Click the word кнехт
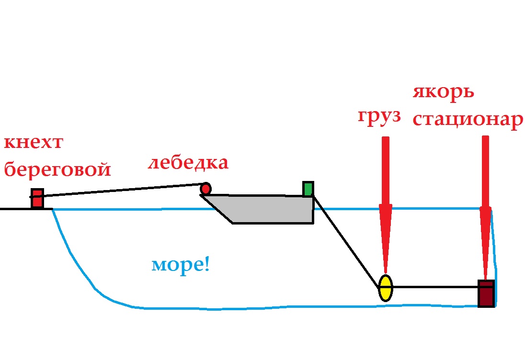coord(34,144)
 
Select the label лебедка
coord(188,163)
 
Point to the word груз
coord(379,118)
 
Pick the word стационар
coord(467,120)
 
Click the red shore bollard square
coord(37,198)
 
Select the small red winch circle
coord(205,189)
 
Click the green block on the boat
coord(308,189)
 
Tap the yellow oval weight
coord(385,288)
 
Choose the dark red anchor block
coord(486,293)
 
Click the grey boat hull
coord(273,209)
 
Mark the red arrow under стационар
coord(486,206)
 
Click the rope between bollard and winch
coord(120,190)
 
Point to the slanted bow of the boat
coord(217,209)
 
